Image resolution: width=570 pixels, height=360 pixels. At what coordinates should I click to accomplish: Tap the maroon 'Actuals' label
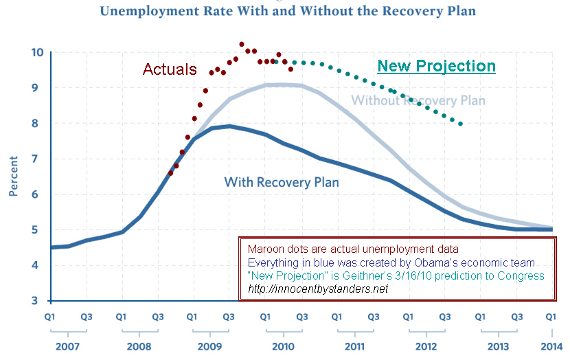point(169,69)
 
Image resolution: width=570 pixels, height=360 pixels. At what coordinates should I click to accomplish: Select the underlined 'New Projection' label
point(436,66)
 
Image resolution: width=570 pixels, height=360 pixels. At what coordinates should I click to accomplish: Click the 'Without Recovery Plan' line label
point(418,101)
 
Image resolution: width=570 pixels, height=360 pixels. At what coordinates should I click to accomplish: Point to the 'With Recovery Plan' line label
point(282,182)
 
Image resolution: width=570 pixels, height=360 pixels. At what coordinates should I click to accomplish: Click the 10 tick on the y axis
point(37,52)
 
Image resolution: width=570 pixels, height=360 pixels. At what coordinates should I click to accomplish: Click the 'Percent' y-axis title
point(14,177)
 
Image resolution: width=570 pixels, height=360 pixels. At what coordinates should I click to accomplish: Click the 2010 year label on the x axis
point(282,345)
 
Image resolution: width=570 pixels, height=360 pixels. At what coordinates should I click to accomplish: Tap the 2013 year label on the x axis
point(497,345)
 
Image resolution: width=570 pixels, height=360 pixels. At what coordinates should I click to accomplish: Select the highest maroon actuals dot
point(242,44)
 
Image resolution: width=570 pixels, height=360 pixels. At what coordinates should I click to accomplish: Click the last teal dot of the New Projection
point(461,124)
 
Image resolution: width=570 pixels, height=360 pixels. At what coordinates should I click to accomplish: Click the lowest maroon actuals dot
point(171,173)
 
